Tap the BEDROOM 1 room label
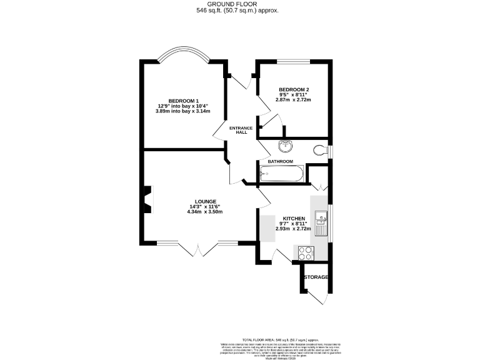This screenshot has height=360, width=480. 183,101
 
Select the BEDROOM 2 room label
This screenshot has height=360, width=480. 294,89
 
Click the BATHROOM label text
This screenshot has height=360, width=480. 281,161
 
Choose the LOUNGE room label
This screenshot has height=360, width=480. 204,201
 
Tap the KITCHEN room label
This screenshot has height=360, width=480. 293,219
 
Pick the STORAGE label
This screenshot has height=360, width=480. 316,277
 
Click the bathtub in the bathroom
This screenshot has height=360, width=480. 281,174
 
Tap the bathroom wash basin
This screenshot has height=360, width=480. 285,146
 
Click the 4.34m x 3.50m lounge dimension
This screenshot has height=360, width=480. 204,212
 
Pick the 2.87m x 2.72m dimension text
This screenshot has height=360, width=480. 294,100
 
